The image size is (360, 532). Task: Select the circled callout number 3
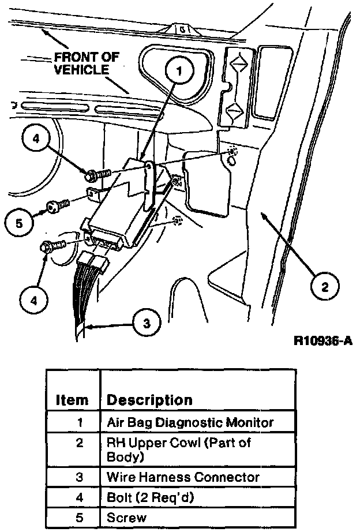click(x=148, y=323)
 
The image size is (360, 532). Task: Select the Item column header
click(x=73, y=399)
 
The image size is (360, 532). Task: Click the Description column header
click(x=150, y=399)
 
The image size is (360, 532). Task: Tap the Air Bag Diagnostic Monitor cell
click(x=190, y=422)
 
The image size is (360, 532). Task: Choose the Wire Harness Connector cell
click(x=183, y=477)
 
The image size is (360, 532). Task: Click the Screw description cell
click(x=127, y=517)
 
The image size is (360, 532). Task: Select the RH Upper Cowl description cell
click(x=179, y=449)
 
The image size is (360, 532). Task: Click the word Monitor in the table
click(x=251, y=422)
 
